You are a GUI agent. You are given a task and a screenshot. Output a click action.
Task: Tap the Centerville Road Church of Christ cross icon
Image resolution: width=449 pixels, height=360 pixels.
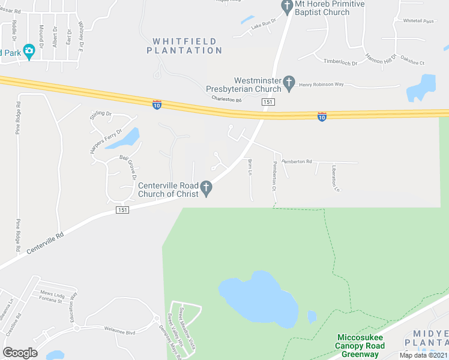(x=206, y=189)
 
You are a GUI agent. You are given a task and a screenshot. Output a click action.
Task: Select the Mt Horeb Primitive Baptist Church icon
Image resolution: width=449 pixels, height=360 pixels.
(x=286, y=5)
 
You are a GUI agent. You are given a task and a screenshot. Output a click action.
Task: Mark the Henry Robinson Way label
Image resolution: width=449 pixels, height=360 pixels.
(x=321, y=85)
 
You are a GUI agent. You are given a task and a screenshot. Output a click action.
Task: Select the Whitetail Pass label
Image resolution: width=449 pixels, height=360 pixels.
(x=418, y=21)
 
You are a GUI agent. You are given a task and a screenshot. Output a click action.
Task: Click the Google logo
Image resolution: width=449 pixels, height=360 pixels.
(x=20, y=352)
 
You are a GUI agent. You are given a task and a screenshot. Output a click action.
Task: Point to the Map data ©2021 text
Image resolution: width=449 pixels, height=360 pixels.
(x=423, y=355)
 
